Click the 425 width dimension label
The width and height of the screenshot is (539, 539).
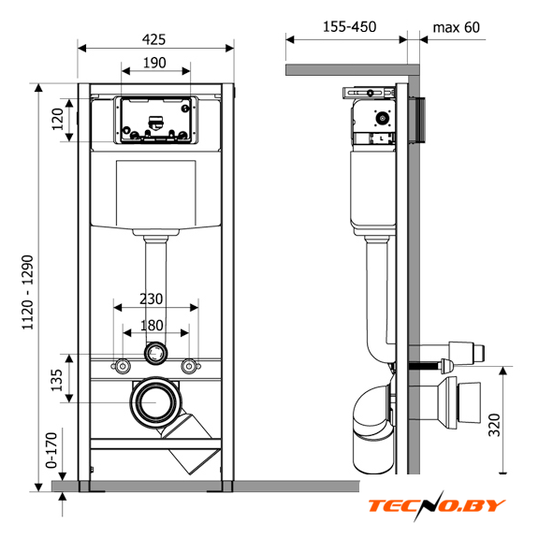coord(153,39)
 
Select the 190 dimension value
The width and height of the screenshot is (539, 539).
coord(154,63)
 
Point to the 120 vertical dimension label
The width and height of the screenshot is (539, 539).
coord(58,119)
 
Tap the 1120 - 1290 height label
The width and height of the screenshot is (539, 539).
coord(27,292)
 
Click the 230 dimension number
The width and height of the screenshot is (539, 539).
coord(152,299)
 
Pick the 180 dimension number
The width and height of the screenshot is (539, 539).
coord(152,326)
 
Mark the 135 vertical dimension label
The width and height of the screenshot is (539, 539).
coord(57,380)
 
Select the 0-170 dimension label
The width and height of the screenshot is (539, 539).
coord(51,450)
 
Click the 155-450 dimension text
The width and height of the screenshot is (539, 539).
coord(350,27)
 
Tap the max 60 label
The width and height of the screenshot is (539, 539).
coord(456,27)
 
